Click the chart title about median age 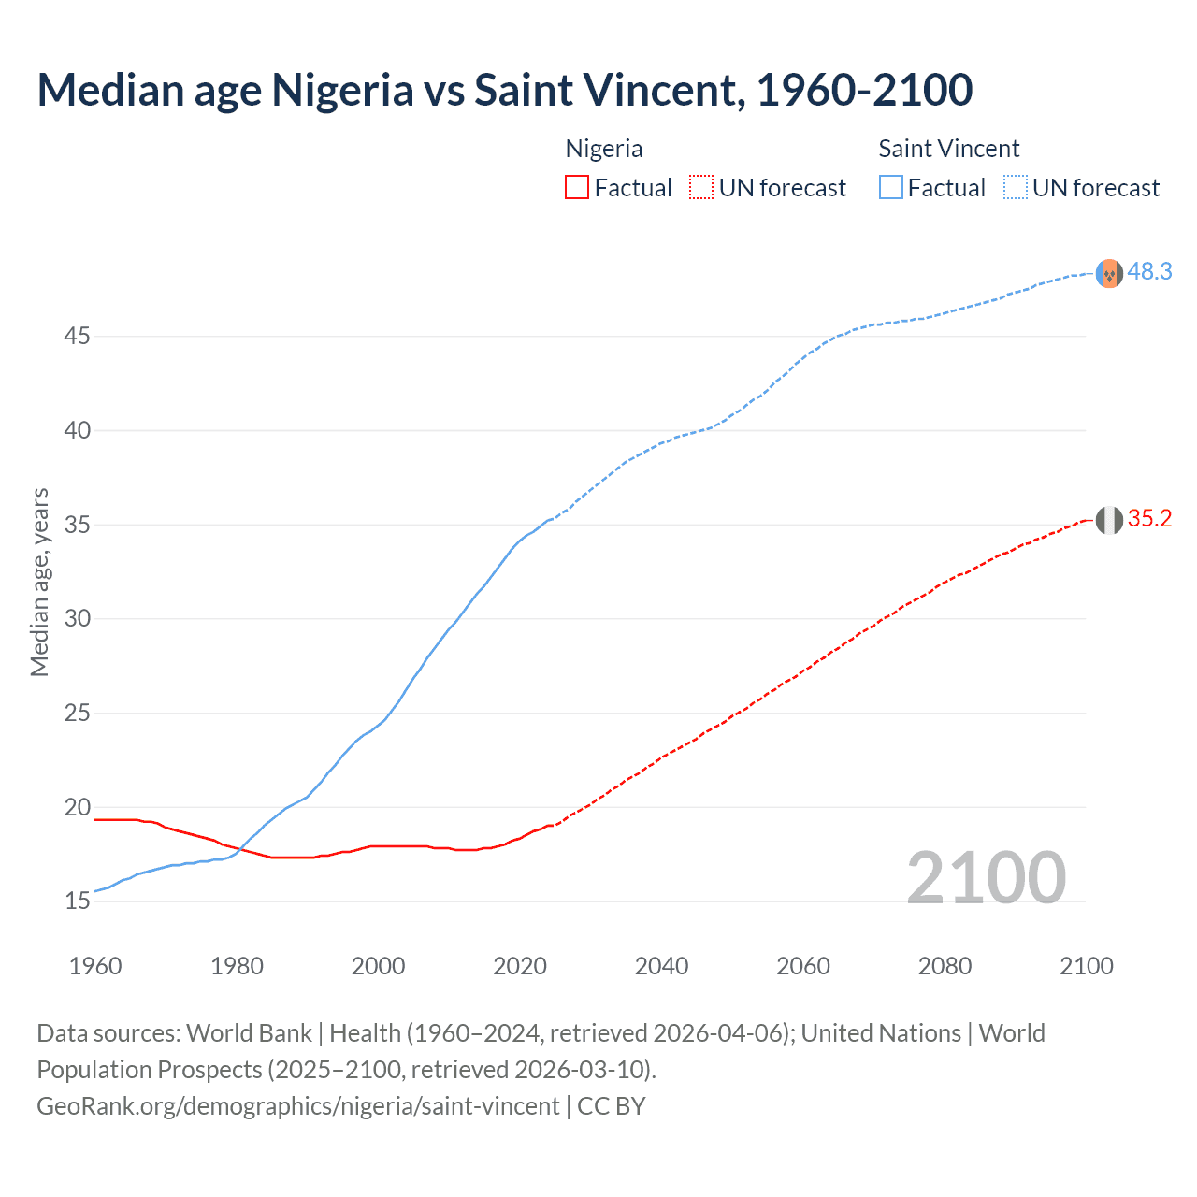pos(504,90)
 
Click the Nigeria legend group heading pos(603,149)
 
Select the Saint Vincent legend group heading pos(948,149)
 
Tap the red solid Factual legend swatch pos(577,188)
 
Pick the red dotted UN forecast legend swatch pos(701,188)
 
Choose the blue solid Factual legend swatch pos(890,188)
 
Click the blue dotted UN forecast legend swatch pos(1015,188)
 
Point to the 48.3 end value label pos(1149,271)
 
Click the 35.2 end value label pos(1149,519)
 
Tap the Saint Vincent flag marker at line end pos(1109,273)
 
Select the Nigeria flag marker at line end pos(1109,520)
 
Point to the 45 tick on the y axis pos(77,336)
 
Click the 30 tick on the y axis pos(77,618)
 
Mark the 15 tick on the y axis pos(77,901)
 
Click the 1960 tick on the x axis pos(95,966)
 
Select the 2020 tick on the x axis pos(520,966)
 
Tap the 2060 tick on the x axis pos(803,966)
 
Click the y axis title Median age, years pos(39,582)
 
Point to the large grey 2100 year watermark pos(986,877)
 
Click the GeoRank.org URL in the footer pos(297,1105)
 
